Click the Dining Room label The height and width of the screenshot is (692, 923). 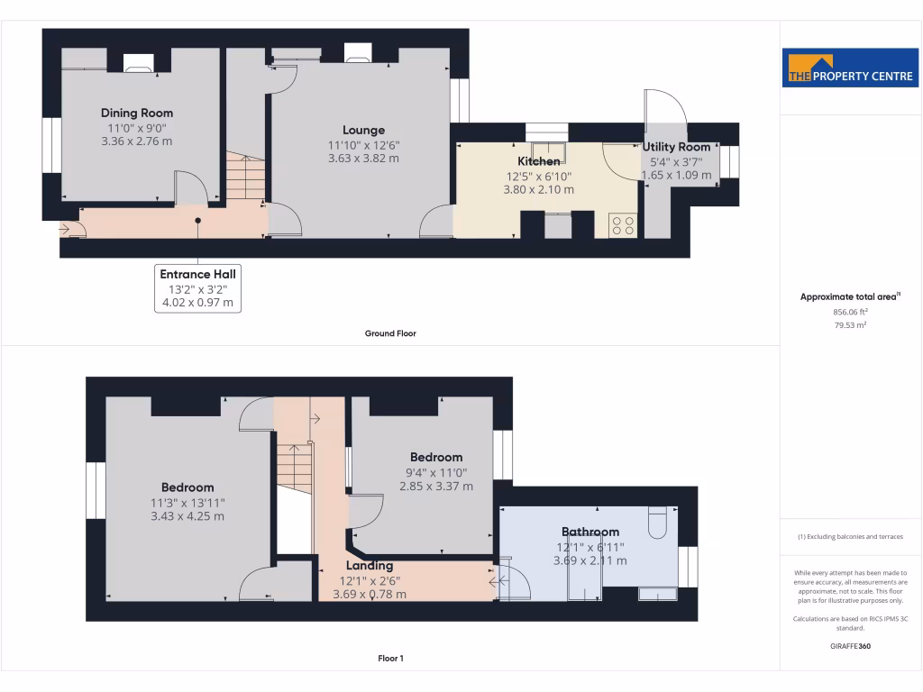click(136, 114)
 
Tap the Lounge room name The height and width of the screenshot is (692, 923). click(363, 130)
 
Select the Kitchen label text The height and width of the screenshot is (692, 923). click(538, 161)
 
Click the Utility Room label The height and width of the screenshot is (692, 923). click(676, 147)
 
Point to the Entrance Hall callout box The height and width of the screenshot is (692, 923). click(199, 288)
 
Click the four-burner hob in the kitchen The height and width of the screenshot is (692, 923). click(623, 225)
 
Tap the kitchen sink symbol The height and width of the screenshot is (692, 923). click(547, 150)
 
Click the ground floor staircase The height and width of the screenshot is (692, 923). click(244, 178)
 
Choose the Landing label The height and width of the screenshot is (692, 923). click(370, 566)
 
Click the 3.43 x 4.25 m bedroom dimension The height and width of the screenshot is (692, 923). click(187, 516)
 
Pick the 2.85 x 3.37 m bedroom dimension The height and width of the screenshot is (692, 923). click(436, 487)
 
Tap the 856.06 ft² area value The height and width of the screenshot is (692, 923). click(850, 312)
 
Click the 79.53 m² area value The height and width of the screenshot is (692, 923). click(850, 325)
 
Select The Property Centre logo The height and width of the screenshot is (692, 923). click(850, 69)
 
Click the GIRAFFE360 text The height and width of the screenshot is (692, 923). click(850, 646)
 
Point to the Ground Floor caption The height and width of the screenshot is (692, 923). click(390, 333)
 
